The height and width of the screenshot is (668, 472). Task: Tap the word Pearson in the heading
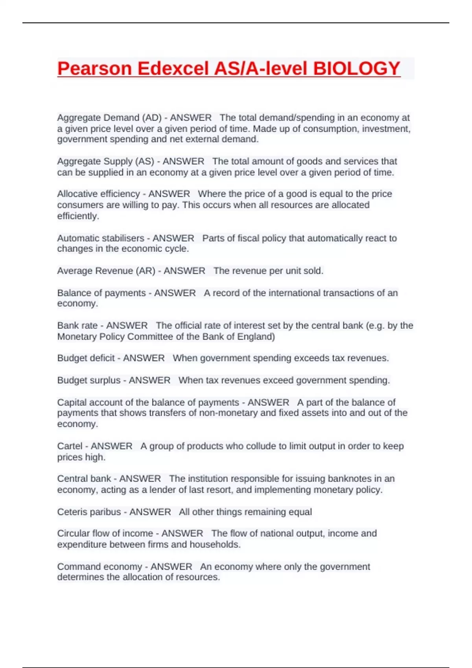pos(94,68)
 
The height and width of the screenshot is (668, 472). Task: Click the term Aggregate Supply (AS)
pos(105,161)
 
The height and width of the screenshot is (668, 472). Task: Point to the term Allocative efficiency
pos(98,194)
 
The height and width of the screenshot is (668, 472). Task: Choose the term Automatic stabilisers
pos(100,238)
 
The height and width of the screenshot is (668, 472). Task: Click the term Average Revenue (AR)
pos(106,271)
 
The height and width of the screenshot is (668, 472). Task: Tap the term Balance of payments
pos(101,293)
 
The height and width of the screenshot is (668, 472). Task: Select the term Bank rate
pos(77,325)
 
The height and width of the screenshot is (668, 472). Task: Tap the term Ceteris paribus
pos(89,512)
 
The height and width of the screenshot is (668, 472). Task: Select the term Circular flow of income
pos(105,533)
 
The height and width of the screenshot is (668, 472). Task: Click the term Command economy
pos(100,567)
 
